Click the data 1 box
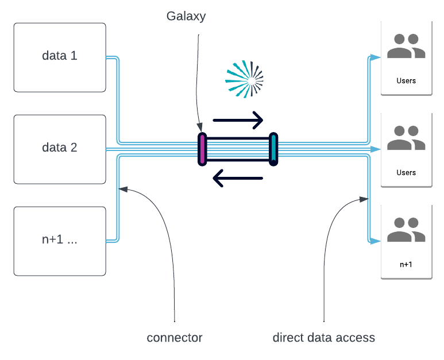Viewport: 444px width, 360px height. (x=60, y=57)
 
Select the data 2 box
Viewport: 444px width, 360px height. (x=60, y=149)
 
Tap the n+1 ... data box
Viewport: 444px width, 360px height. (x=60, y=241)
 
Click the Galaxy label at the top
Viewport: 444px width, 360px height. (x=186, y=16)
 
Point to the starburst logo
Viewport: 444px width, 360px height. (x=243, y=80)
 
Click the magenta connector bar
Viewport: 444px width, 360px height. (x=202, y=149)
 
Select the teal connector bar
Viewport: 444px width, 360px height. (x=273, y=149)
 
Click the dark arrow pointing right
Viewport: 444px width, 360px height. (x=238, y=121)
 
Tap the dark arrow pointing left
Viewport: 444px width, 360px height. (x=238, y=178)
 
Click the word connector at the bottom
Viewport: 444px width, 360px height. (x=175, y=338)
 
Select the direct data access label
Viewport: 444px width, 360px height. (x=323, y=338)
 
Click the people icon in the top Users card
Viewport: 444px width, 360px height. (x=406, y=47)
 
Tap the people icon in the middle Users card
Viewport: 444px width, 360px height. (x=406, y=138)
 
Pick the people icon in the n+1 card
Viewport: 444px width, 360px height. (x=406, y=230)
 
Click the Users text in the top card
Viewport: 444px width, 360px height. (x=406, y=81)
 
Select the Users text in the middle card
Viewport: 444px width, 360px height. (x=406, y=173)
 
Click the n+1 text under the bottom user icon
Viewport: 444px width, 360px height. (x=406, y=265)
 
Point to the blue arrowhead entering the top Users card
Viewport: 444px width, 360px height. (x=375, y=57)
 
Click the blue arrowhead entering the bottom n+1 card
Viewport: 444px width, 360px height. (x=375, y=241)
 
